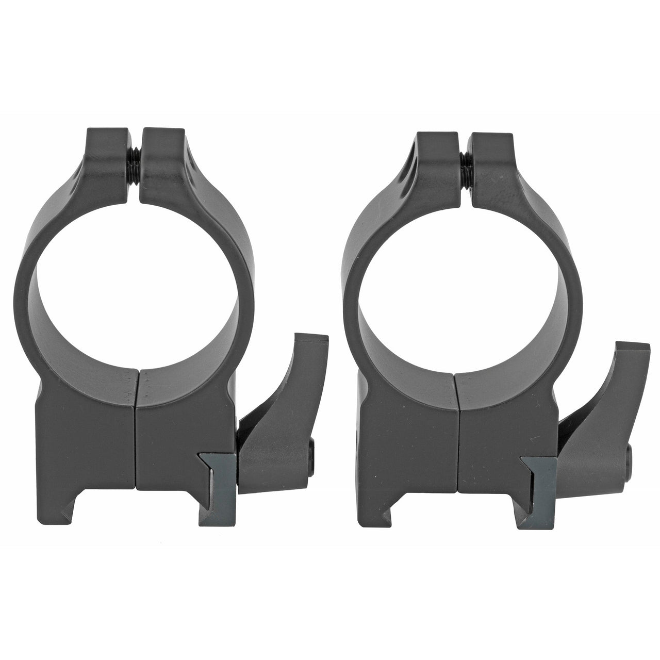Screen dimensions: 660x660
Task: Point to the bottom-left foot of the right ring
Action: [397, 503]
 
